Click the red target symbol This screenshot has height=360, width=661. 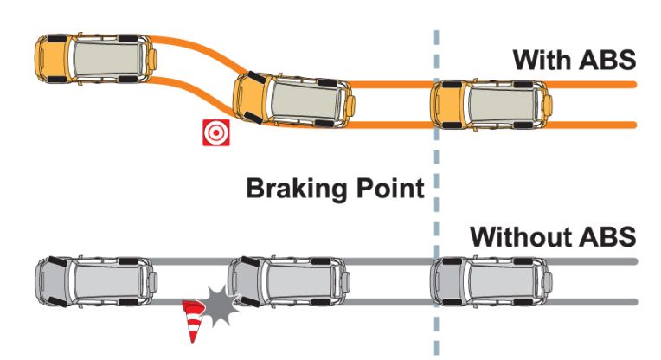216,132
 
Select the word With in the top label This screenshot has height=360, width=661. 542,60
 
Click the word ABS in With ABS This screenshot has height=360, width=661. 607,60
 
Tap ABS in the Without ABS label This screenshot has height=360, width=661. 607,236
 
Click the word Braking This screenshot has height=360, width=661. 298,189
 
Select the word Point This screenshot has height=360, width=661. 390,188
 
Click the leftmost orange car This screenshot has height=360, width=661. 97,59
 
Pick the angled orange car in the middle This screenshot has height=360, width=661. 294,100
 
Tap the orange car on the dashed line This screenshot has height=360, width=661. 491,104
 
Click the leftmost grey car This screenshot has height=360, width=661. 97,280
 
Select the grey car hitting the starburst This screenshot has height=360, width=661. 289,280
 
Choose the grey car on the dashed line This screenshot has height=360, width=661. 491,280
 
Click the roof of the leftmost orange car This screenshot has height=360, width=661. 108,59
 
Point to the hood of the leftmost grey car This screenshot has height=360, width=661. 54,280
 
